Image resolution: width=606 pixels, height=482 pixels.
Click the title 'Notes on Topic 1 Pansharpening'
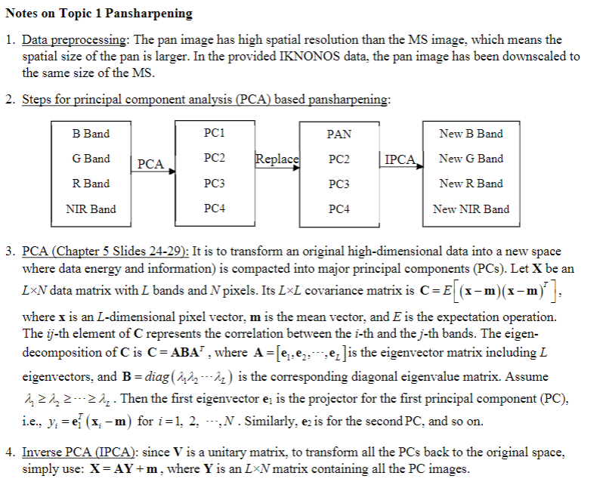(99, 14)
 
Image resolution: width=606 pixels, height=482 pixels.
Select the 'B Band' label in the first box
(91, 134)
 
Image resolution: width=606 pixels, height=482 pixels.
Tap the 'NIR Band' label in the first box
(91, 209)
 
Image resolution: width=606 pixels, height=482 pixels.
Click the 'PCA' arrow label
(150, 163)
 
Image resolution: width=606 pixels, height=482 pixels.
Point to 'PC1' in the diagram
(215, 134)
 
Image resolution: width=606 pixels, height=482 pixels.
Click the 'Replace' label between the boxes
(277, 159)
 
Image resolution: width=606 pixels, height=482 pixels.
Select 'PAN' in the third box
(339, 134)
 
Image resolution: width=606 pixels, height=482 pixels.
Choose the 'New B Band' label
(471, 134)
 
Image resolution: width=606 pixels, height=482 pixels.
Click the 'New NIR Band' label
(471, 209)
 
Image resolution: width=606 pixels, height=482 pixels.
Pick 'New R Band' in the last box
(471, 184)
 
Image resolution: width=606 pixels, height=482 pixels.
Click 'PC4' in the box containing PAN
(339, 209)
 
